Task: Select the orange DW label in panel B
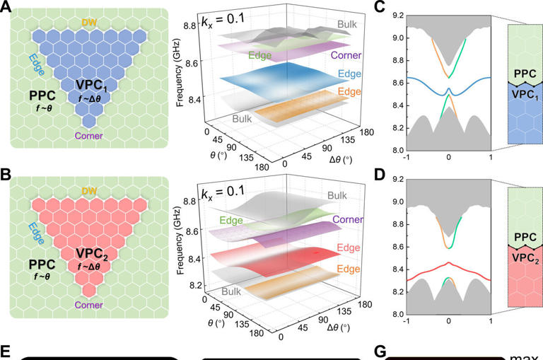coord(88,192)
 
